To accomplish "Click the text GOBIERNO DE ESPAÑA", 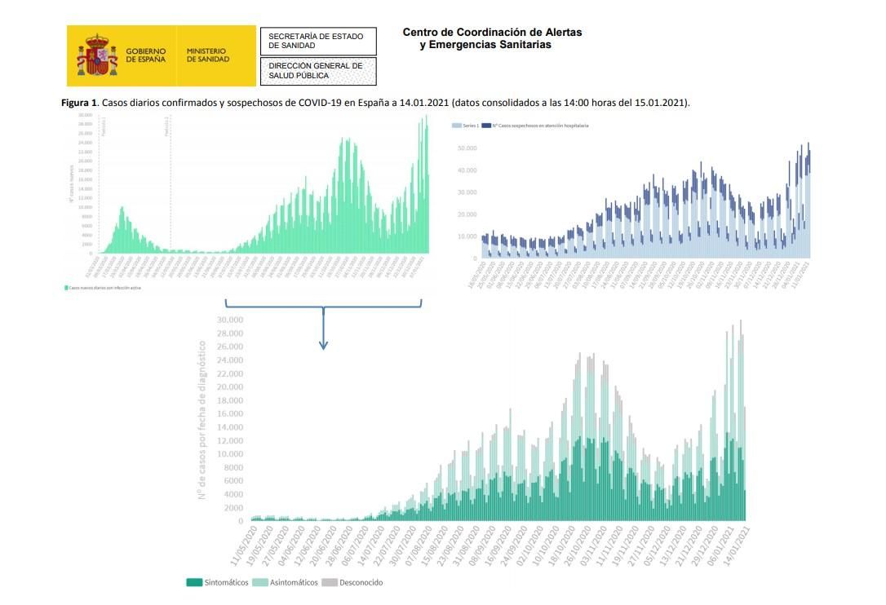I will (145, 55).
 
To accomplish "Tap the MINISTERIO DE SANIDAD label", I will (207, 55).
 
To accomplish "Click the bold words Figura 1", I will (80, 103).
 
